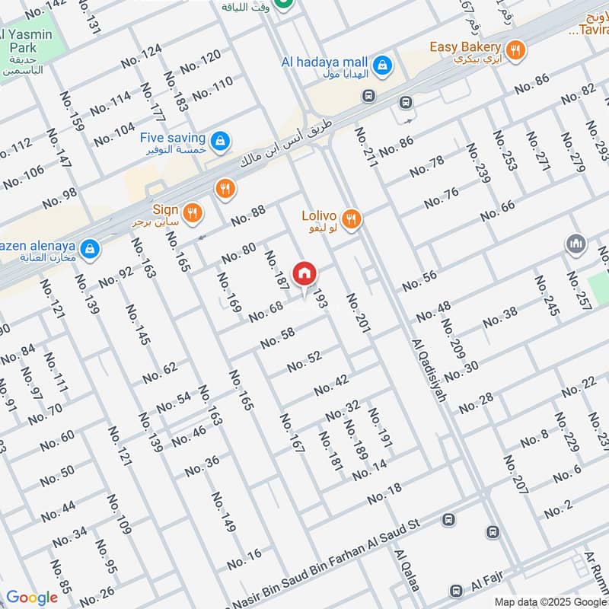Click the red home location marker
point(304,273)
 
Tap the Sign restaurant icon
point(193,213)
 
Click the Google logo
point(32,598)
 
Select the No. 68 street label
point(266,311)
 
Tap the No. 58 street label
point(277,338)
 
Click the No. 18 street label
point(384,495)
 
